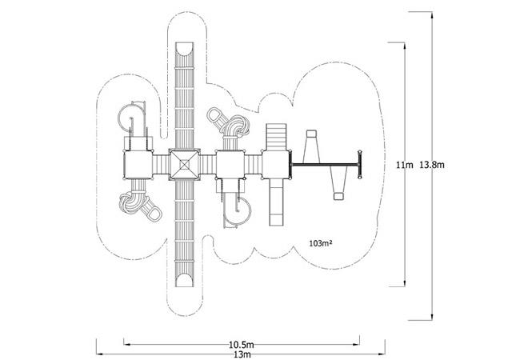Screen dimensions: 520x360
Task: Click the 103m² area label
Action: click(321, 243)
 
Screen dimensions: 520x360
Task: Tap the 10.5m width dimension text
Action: click(242, 345)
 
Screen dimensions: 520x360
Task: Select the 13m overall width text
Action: click(242, 354)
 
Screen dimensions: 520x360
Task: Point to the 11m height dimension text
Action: click(405, 165)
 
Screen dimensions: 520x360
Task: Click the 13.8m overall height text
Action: click(432, 165)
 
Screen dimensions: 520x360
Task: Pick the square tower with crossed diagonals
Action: click(184, 165)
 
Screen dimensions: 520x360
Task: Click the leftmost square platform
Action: click(138, 165)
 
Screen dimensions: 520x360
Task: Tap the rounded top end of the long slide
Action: click(184, 49)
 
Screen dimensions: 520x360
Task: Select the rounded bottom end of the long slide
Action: click(184, 280)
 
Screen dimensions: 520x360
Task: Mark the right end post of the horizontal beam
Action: click(359, 165)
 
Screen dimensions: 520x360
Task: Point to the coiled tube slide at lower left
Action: click(140, 203)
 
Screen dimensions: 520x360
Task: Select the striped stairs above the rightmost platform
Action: click(276, 137)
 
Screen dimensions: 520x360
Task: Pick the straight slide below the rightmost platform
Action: click(276, 202)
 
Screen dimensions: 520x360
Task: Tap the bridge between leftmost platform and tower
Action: click(161, 165)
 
